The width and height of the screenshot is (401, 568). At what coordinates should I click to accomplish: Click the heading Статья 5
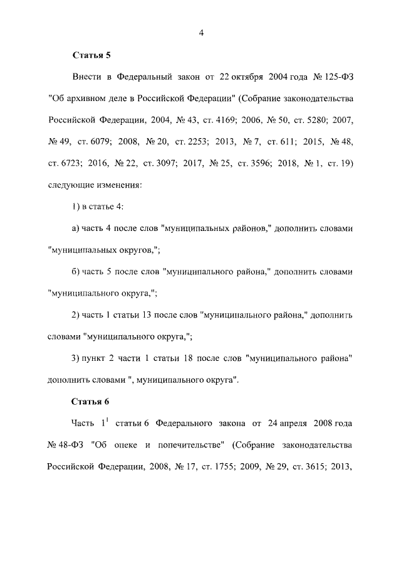tap(91, 55)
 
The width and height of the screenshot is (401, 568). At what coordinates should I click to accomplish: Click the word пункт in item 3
tap(93, 358)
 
